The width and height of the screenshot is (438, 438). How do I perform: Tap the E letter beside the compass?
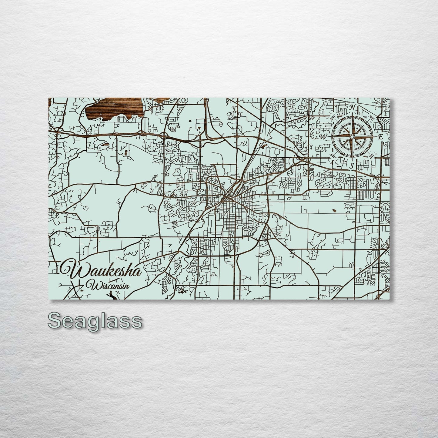pos(380,137)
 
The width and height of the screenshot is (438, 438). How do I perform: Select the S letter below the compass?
pos(352,166)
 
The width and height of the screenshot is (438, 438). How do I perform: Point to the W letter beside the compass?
pos(323,137)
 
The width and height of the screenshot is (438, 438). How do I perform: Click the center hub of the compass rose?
pos(352,137)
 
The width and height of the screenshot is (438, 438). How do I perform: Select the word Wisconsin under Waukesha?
pos(108,285)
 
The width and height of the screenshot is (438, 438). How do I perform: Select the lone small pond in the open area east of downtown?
pos(334,209)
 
